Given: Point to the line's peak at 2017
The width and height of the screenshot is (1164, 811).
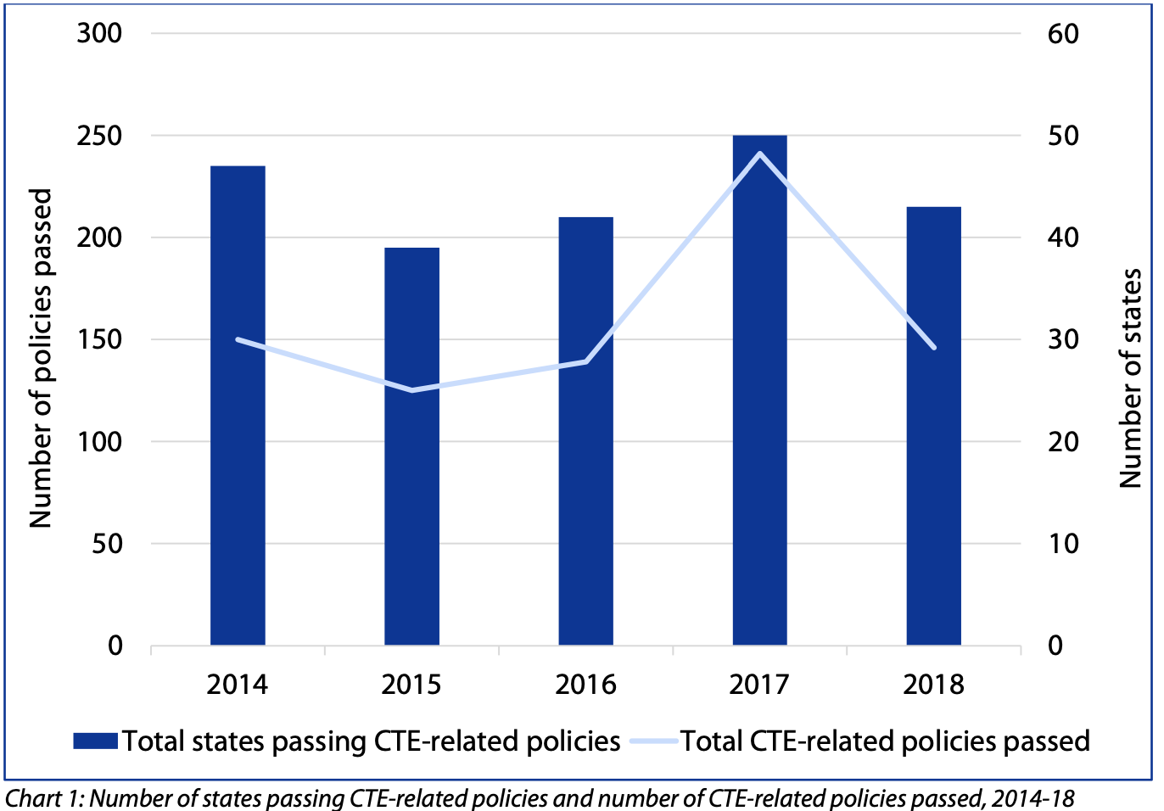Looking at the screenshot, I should tap(759, 154).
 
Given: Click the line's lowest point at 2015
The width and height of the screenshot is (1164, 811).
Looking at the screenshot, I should tap(412, 390).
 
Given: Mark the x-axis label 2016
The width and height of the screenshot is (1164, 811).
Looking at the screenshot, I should tap(585, 685).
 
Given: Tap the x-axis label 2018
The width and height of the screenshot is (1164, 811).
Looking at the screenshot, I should tap(933, 685).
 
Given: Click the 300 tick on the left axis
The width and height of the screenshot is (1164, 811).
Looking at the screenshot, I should tap(99, 34).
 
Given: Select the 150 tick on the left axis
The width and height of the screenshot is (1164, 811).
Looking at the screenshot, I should tap(99, 339).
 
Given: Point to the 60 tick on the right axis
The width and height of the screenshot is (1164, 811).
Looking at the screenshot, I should tap(1063, 34).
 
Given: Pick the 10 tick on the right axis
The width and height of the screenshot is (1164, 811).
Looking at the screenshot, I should tap(1063, 544).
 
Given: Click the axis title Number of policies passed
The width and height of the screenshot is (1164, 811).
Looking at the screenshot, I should tap(41, 358).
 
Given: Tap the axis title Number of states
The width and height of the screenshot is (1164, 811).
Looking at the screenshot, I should tap(1130, 378).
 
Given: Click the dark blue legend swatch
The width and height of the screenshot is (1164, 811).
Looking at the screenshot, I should tap(95, 741).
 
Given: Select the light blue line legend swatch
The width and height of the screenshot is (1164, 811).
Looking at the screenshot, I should tap(654, 741).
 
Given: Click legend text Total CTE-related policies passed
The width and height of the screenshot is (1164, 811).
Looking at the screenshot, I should tap(885, 741).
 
